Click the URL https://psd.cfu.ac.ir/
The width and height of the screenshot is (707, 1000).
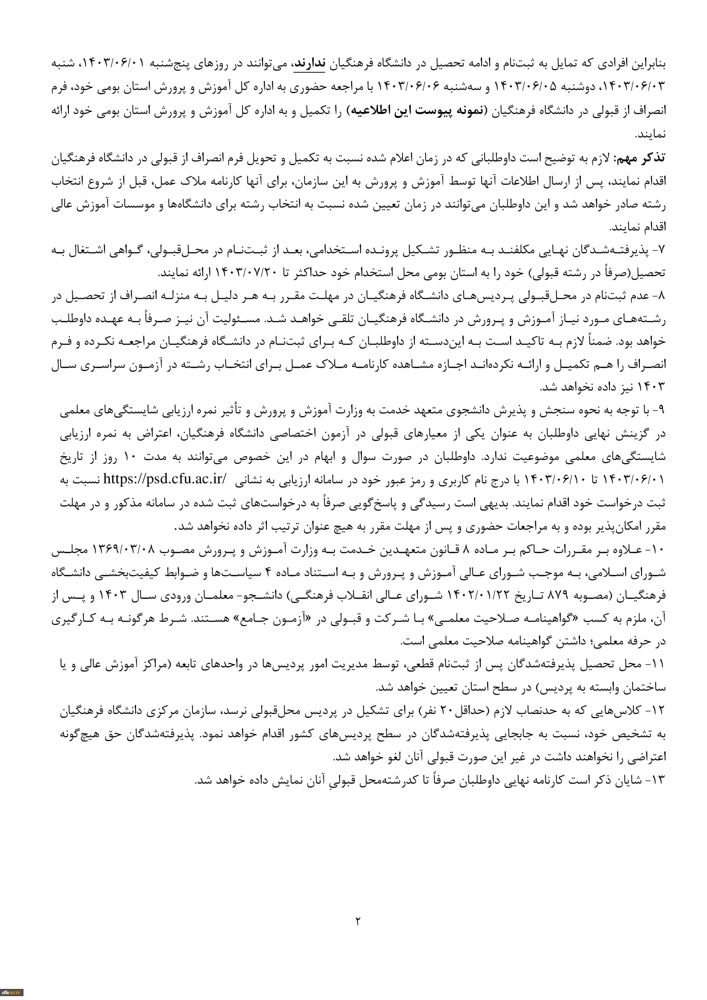(x=165, y=480)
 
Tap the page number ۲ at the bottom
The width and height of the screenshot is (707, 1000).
(x=358, y=921)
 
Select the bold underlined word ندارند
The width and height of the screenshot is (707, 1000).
(x=309, y=64)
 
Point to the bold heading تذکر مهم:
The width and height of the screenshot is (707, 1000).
(x=639, y=158)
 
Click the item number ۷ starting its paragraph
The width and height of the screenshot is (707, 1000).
(x=661, y=251)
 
